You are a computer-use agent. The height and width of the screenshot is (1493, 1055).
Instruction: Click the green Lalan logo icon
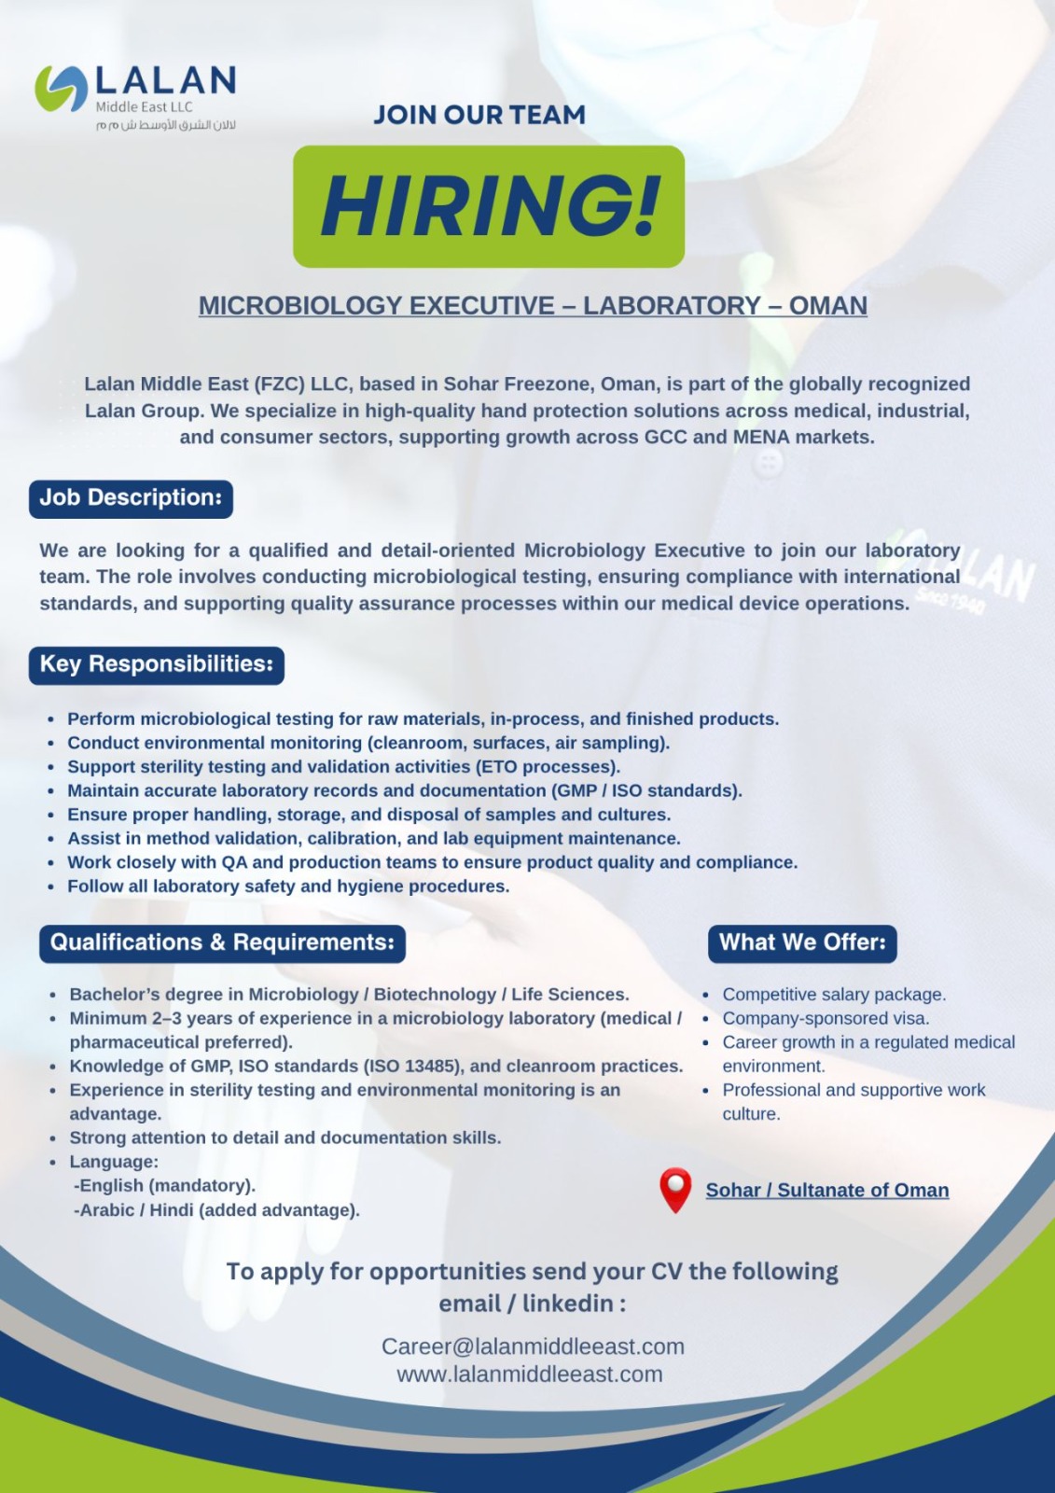pyautogui.click(x=61, y=90)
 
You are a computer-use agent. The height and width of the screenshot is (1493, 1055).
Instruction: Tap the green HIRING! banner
pyautogui.click(x=489, y=206)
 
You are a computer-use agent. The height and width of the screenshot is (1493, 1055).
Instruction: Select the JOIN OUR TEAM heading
pyautogui.click(x=479, y=115)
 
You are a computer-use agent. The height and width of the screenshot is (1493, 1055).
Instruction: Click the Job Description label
pyautogui.click(x=131, y=498)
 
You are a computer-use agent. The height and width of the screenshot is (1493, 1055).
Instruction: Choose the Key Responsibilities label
pyautogui.click(x=157, y=664)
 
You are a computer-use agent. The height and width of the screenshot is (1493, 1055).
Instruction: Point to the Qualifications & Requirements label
pyautogui.click(x=222, y=942)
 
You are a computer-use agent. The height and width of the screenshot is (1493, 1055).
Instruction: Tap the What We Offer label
pyautogui.click(x=802, y=942)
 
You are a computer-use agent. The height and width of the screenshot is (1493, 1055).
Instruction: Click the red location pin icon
pyautogui.click(x=675, y=1189)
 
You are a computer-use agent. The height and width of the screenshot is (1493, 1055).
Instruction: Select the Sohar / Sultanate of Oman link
pyautogui.click(x=827, y=1191)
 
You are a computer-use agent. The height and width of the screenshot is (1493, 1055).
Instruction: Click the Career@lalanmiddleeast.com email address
pyautogui.click(x=533, y=1346)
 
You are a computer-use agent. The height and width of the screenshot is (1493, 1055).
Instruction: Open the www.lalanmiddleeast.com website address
pyautogui.click(x=530, y=1374)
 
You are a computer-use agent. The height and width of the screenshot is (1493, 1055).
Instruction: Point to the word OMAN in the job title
pyautogui.click(x=828, y=306)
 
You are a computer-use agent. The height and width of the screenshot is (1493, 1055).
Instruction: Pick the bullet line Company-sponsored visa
pyautogui.click(x=826, y=1018)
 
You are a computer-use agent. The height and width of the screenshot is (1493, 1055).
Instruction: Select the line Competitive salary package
pyautogui.click(x=834, y=995)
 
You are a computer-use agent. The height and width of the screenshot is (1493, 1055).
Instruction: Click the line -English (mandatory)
pyautogui.click(x=164, y=1186)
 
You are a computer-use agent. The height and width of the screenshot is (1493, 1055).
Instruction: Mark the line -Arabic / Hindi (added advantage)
pyautogui.click(x=216, y=1210)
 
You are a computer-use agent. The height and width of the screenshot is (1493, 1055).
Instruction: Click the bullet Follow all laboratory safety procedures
pyautogui.click(x=288, y=886)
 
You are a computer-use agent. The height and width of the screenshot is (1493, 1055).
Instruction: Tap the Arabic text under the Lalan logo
pyautogui.click(x=165, y=125)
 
